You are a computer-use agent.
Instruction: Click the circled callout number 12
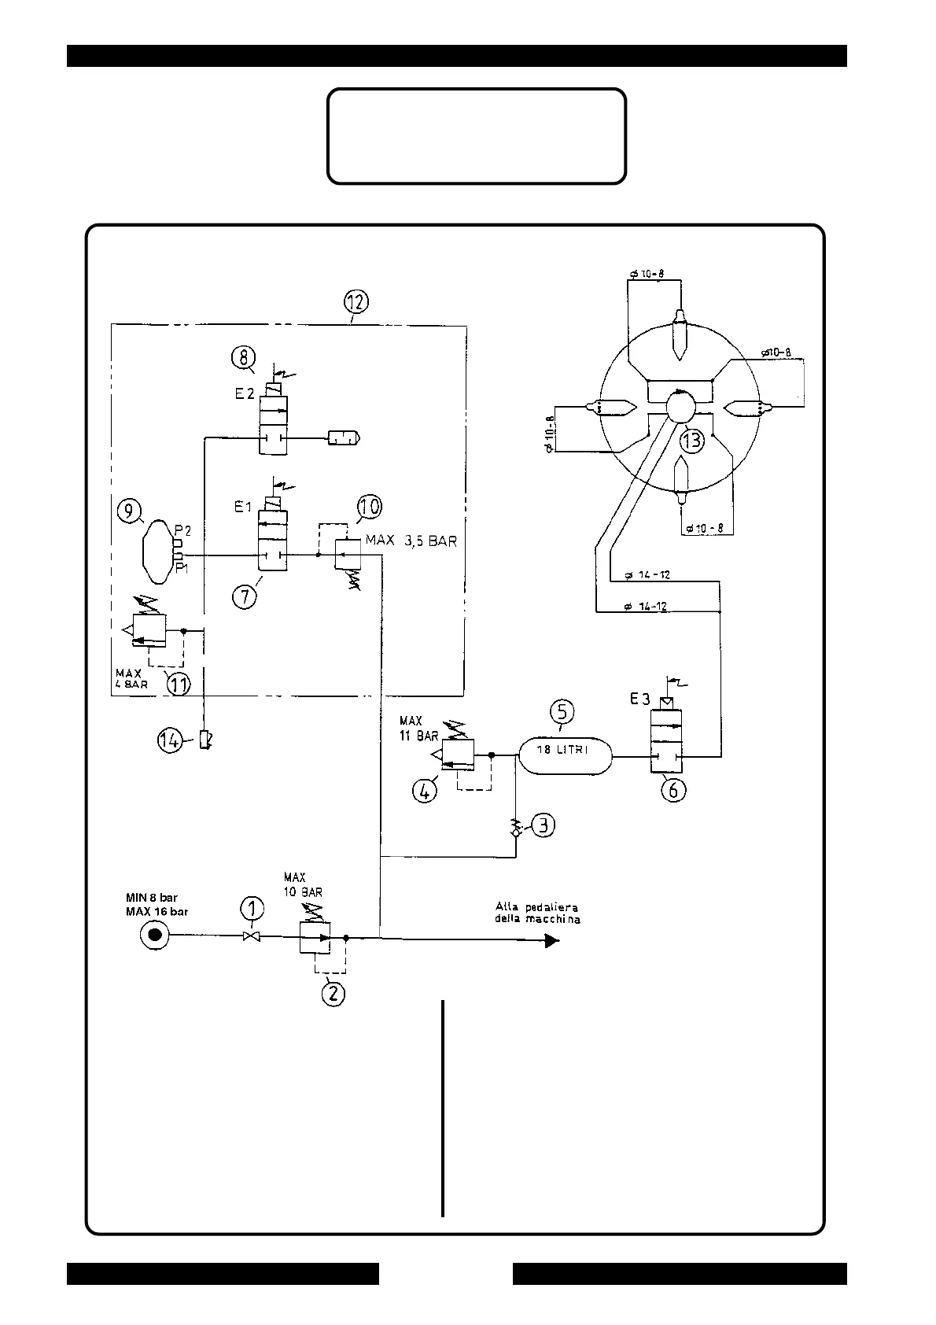356,301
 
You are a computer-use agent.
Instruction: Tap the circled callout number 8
243,359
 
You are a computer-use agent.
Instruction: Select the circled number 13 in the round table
691,441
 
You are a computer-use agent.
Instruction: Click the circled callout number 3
543,825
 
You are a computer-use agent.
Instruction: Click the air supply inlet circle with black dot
154,936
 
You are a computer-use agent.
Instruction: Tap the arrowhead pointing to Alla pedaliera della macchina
552,939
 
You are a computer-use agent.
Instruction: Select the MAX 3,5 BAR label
411,542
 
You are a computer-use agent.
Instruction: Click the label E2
245,395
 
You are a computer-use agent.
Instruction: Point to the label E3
639,697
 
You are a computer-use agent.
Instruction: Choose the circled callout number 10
369,506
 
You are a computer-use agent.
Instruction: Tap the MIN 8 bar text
152,898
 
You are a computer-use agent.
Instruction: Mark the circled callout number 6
673,789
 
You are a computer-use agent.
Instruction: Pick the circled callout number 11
179,685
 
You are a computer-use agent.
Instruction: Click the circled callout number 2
333,993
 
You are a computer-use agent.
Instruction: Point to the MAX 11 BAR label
418,729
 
